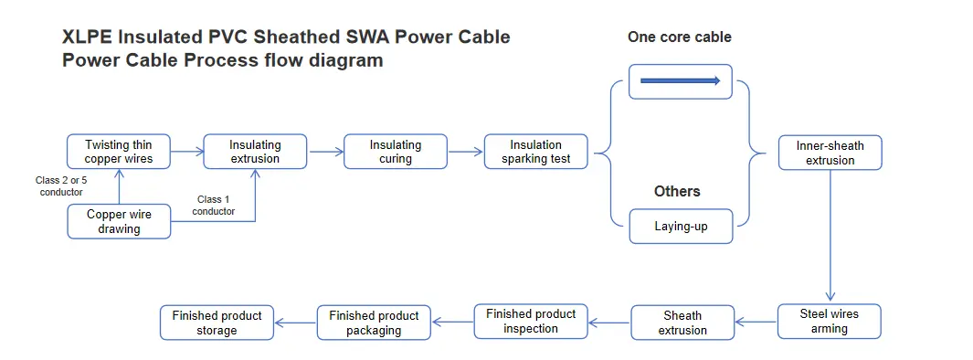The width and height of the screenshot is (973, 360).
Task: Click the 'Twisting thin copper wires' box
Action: [119, 152]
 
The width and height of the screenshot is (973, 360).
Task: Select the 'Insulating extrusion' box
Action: [255, 152]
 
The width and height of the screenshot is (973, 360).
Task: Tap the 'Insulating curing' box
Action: [396, 152]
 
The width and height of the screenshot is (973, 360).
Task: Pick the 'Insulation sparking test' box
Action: [535, 152]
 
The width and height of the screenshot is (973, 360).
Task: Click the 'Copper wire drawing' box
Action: [119, 221]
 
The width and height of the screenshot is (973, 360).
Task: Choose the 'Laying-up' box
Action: [681, 226]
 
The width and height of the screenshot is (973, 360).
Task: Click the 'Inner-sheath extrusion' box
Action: [830, 153]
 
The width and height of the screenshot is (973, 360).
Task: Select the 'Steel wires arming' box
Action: [829, 321]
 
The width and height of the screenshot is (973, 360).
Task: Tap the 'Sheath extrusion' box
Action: [682, 323]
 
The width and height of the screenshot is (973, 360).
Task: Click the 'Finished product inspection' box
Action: [531, 321]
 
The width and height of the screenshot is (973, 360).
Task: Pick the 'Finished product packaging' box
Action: [374, 323]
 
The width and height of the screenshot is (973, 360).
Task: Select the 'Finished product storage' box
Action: [217, 323]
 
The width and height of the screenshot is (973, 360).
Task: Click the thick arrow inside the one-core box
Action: [681, 81]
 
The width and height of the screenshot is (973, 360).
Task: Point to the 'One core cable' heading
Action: [679, 37]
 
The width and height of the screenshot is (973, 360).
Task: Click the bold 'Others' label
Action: [677, 191]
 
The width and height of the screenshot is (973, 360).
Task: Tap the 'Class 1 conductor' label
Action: [215, 206]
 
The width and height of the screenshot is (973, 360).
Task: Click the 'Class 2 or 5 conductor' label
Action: [61, 186]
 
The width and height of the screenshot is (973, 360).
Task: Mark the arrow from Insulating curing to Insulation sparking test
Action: [465, 152]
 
